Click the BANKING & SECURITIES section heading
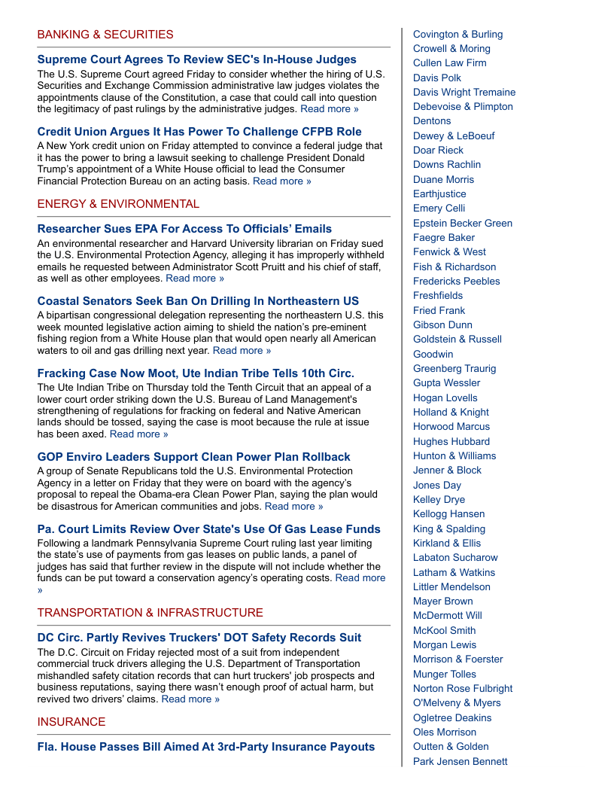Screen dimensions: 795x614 [105, 35]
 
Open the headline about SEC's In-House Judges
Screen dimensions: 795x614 [197, 59]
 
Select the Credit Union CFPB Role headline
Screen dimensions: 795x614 [199, 132]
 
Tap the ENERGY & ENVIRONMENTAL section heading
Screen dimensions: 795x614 [119, 204]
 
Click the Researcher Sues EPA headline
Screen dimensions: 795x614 [184, 229]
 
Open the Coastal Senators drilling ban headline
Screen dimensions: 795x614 [198, 301]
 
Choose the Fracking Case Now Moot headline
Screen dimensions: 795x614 [196, 373]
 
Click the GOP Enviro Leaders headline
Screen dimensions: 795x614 [194, 457]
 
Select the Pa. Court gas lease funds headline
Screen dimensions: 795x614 [209, 529]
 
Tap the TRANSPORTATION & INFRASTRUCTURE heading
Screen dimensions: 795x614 [150, 613]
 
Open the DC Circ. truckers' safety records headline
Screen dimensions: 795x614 [199, 638]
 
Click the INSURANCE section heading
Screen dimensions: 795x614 [71, 722]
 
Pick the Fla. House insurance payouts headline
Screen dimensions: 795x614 [206, 747]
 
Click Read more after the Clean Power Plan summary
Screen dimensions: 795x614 [293, 507]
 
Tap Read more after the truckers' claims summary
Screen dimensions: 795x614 [190, 699]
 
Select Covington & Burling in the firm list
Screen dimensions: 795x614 [457, 35]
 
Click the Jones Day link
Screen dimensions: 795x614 [437, 486]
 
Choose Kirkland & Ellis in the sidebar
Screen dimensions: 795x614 [447, 544]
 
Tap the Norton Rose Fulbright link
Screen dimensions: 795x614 [463, 689]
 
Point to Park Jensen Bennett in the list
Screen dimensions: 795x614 [460, 761]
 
